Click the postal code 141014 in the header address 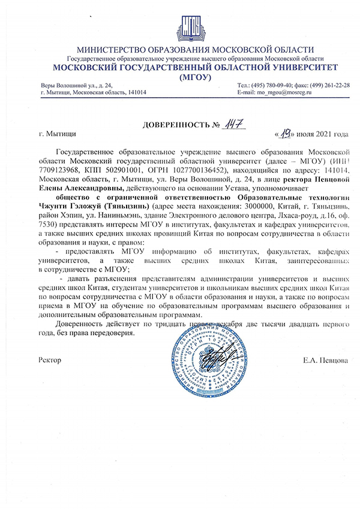point(142,92)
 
